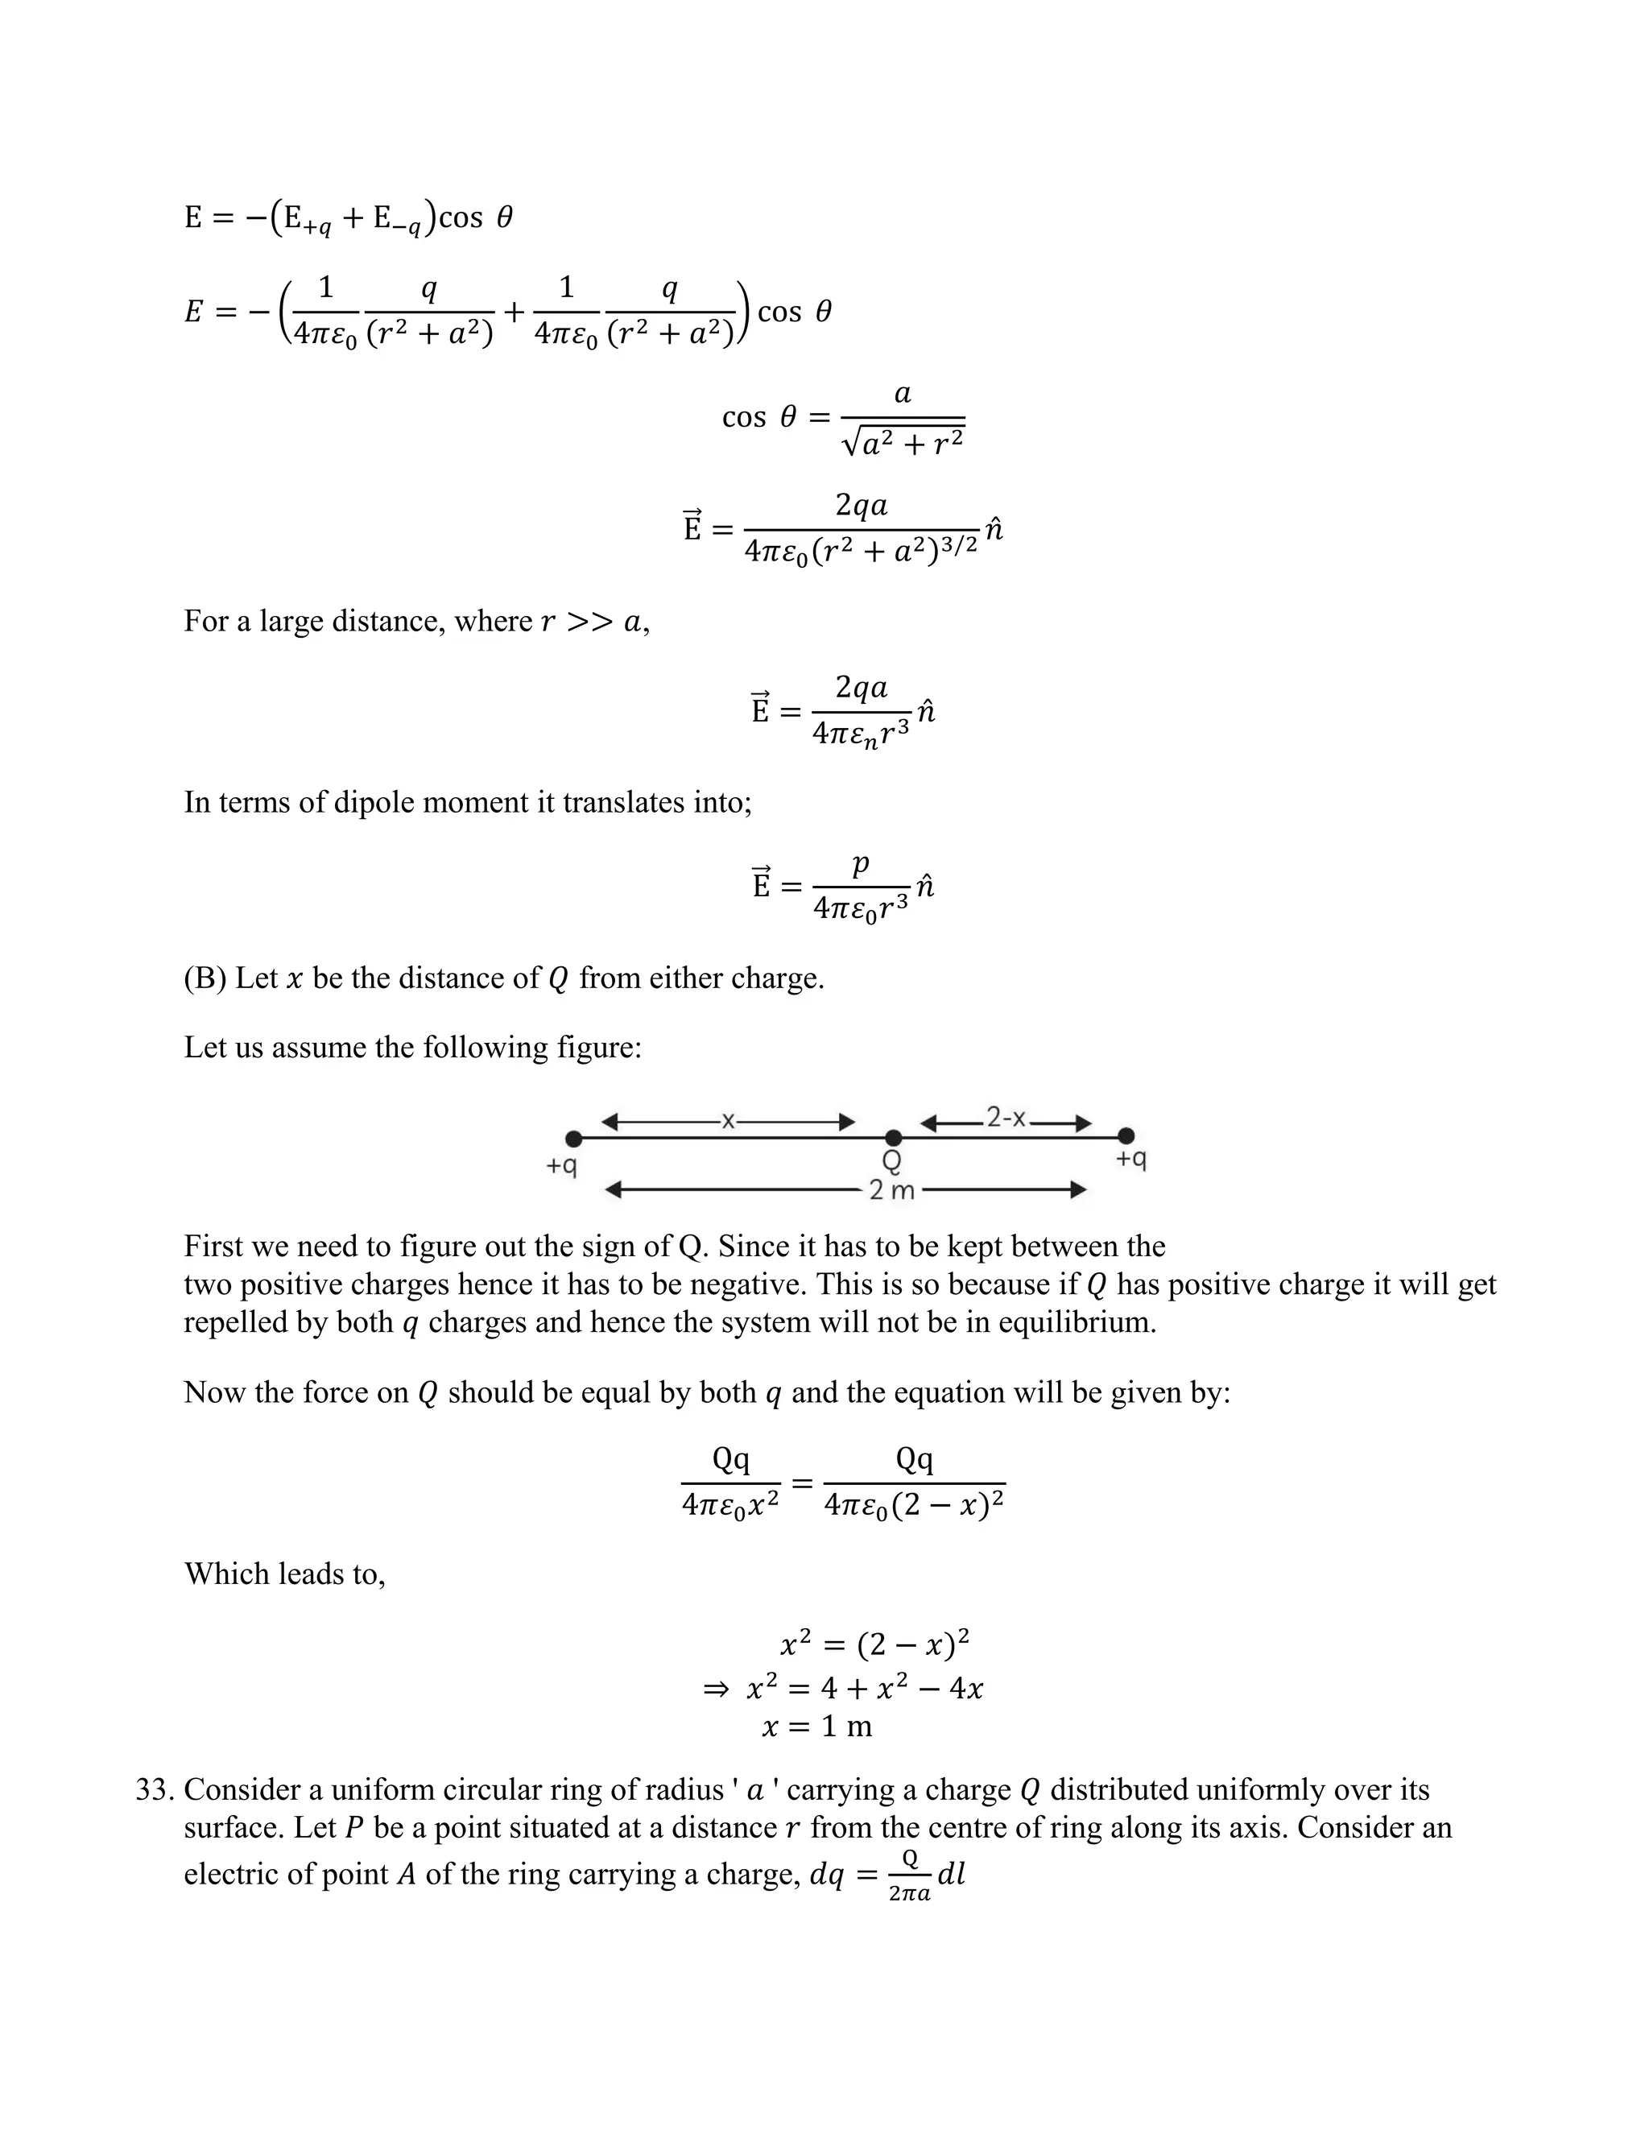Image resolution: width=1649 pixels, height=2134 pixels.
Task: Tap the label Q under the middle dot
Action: tap(892, 1160)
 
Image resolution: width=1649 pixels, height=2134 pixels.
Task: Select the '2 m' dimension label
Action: tap(891, 1190)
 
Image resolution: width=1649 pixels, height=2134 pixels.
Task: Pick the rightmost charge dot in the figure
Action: tap(1126, 1135)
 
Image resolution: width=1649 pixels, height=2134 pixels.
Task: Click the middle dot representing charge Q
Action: tap(893, 1137)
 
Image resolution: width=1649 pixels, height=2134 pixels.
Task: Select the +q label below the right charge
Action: tap(1131, 1159)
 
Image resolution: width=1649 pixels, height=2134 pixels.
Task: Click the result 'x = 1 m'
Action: tap(816, 1727)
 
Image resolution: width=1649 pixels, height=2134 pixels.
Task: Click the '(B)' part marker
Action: tap(205, 978)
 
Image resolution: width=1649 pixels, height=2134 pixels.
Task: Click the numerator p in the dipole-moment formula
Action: tap(860, 862)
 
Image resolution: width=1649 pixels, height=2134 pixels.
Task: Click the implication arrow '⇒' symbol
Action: tap(716, 1687)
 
